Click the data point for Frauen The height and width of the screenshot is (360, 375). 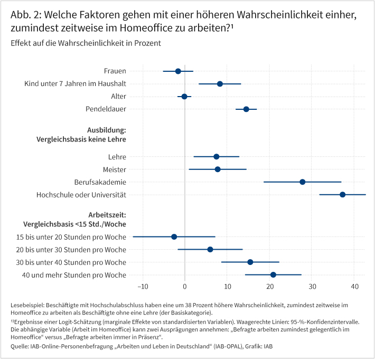[178, 71]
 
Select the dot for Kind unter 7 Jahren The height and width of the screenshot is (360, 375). [220, 84]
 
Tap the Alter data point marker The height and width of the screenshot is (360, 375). [184, 97]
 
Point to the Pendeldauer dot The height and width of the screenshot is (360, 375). [246, 109]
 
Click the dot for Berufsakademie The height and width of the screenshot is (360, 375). [302, 182]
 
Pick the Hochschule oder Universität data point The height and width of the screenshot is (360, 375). [343, 195]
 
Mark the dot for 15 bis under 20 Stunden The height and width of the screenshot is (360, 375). [174, 236]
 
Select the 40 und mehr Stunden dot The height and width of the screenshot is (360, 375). [273, 274]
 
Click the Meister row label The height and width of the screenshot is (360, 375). [114, 169]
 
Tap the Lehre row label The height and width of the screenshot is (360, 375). [117, 157]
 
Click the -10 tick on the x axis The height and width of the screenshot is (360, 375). [142, 287]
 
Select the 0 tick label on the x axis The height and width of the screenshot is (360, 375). [185, 287]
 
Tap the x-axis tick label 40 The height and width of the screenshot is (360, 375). [355, 287]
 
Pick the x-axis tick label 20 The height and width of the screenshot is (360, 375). [270, 287]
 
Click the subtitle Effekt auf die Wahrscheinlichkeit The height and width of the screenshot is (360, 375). [85, 42]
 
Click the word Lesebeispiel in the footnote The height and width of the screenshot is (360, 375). [27, 306]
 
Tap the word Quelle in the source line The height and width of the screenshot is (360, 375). [20, 346]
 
